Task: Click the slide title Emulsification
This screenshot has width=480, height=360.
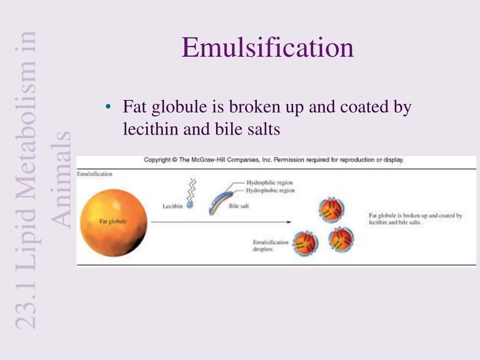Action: (x=268, y=48)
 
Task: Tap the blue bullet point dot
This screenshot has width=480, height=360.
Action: (x=108, y=107)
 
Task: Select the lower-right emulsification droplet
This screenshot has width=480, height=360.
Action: (x=341, y=240)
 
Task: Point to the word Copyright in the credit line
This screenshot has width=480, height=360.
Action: (x=157, y=160)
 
